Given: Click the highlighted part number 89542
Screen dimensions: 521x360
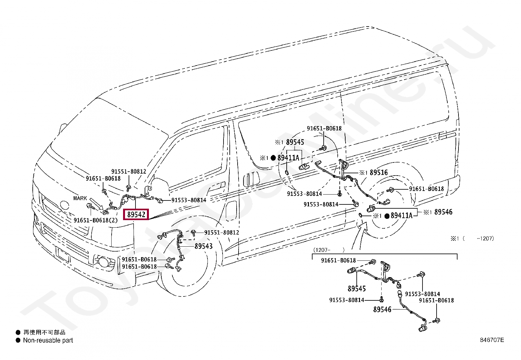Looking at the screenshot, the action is [x=136, y=214].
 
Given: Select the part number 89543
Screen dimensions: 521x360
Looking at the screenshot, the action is [x=204, y=246].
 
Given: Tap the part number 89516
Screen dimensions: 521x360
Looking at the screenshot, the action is [x=379, y=173].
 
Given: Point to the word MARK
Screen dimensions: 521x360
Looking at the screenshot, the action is [x=80, y=198].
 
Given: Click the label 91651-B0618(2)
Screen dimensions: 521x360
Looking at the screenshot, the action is [x=96, y=220].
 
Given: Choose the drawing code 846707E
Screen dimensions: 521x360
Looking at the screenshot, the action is [x=492, y=340].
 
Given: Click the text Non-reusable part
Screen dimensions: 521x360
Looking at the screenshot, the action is [x=48, y=340].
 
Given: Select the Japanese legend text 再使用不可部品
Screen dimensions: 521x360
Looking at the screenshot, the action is [x=45, y=332].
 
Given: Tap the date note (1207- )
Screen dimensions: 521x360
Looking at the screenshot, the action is [x=329, y=250].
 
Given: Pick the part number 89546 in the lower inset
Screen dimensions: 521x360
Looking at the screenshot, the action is [x=382, y=310].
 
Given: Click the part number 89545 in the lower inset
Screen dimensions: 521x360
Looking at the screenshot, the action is [x=357, y=289].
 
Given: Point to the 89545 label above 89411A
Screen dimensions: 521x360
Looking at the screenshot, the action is [x=295, y=142].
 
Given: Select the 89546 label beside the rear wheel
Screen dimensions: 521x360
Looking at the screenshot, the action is [x=443, y=212].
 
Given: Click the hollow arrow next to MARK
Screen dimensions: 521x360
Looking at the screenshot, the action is [x=96, y=204].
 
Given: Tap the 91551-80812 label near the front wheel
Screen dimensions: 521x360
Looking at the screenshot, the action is [x=222, y=232].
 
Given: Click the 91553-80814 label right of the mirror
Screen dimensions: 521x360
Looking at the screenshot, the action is [x=189, y=200].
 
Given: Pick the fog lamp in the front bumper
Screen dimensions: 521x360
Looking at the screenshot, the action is [x=102, y=262].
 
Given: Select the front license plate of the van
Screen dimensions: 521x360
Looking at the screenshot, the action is [x=63, y=254].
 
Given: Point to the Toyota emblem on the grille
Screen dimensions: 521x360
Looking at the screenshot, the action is [x=64, y=205].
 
